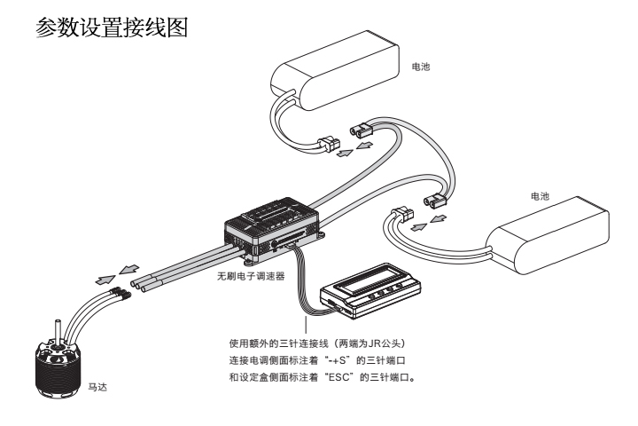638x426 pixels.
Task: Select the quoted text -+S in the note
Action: [354, 358]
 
